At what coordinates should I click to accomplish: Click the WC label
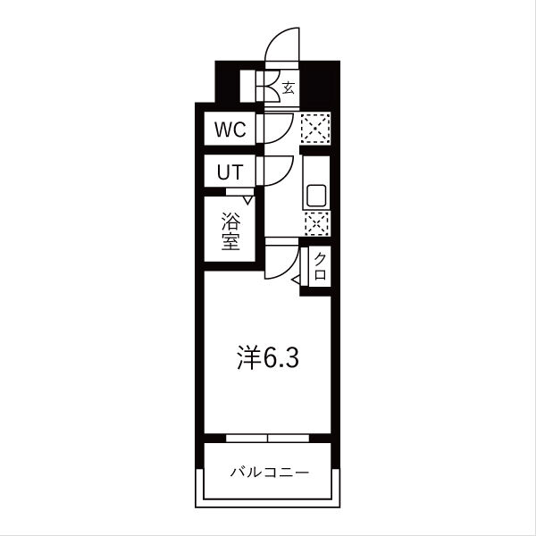(229, 129)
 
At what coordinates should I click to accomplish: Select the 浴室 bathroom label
(230, 230)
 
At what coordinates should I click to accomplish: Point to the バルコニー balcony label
(268, 471)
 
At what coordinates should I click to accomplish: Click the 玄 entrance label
(289, 88)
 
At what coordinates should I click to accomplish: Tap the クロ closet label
(319, 266)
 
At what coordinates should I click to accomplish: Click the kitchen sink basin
(316, 195)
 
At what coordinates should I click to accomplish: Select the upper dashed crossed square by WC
(315, 129)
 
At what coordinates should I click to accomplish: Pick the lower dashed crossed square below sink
(316, 224)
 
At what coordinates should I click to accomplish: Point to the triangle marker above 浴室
(248, 200)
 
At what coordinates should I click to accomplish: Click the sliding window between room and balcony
(267, 439)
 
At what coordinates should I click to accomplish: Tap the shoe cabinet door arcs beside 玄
(265, 88)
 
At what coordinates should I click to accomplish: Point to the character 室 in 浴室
(230, 241)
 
